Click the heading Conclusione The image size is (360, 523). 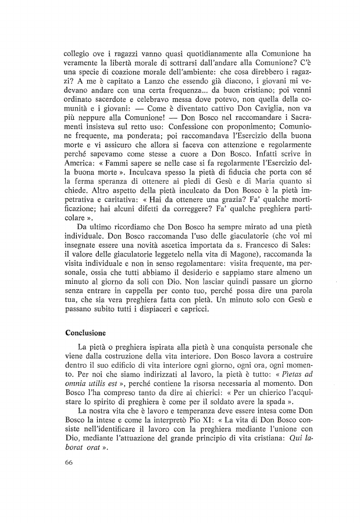[x=85, y=334]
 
